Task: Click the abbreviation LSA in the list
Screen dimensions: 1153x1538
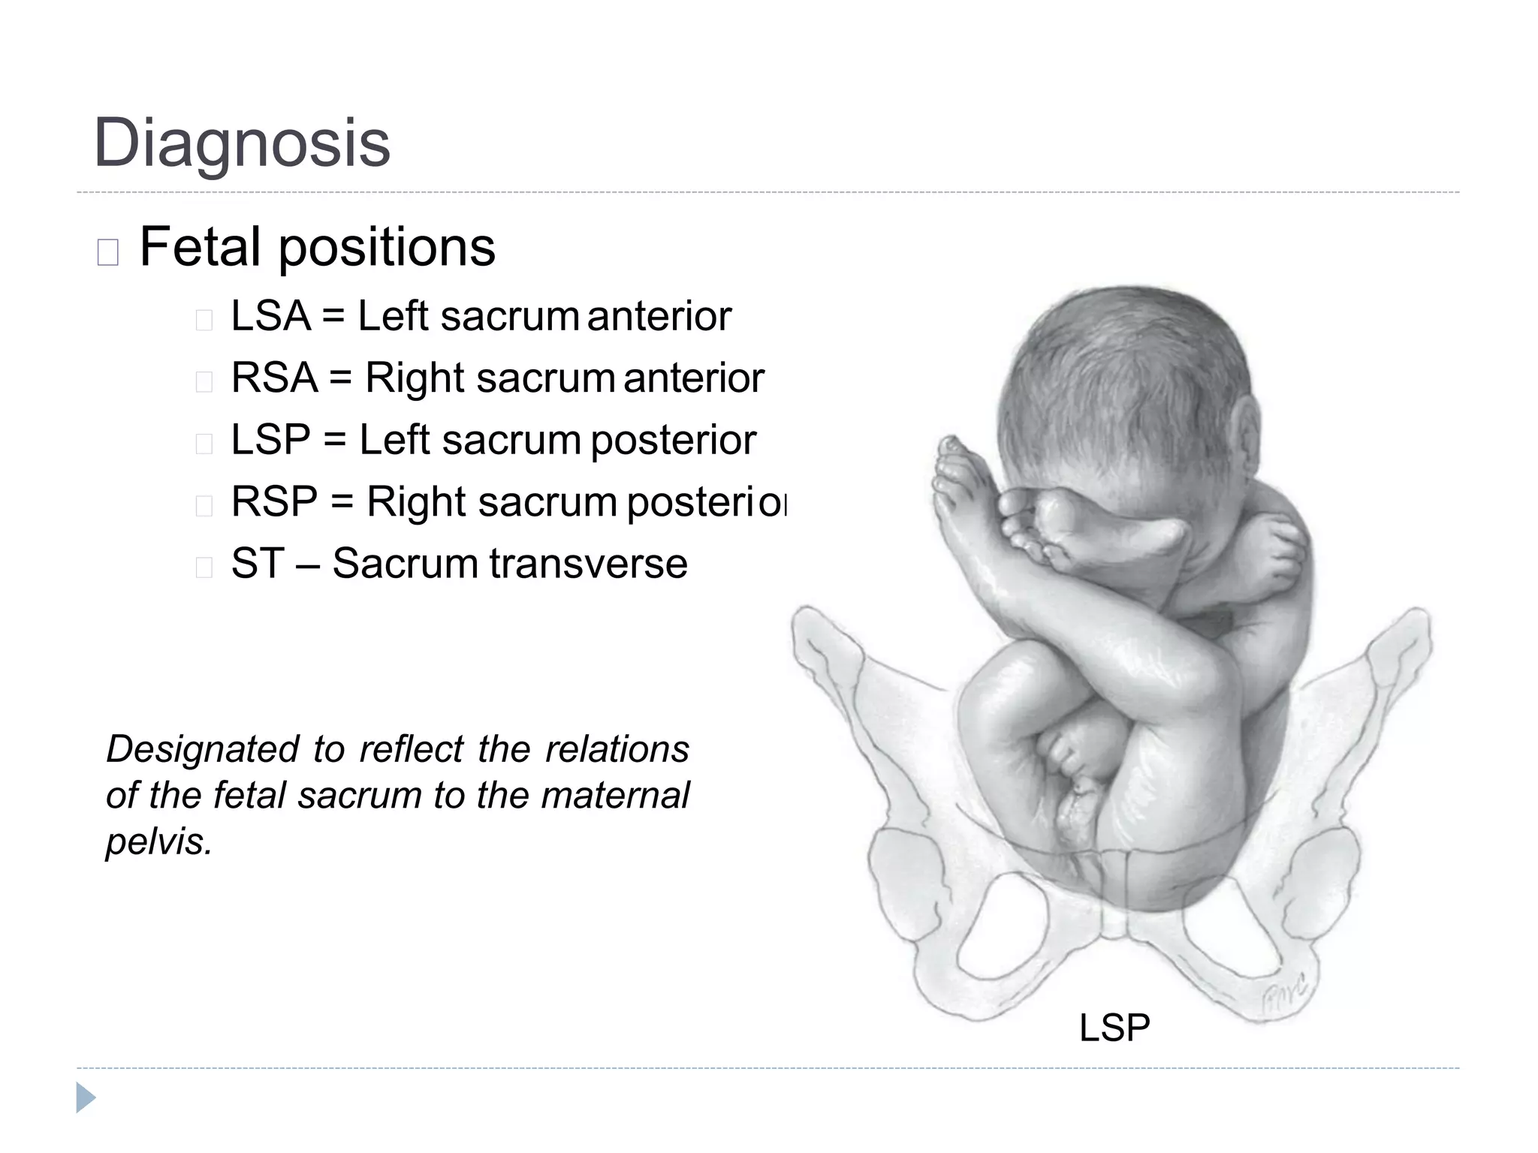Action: (270, 316)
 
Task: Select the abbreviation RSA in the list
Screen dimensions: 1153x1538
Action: (274, 378)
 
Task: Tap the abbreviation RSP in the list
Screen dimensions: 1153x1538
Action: (275, 501)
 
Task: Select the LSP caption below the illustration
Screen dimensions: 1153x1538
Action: (1114, 1028)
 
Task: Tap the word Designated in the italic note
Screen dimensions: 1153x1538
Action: (202, 749)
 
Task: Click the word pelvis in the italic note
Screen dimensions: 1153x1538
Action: (158, 842)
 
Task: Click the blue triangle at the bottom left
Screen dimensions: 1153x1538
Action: (85, 1098)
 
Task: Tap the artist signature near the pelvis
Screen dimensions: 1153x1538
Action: (1286, 995)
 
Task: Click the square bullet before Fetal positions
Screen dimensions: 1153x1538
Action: (108, 253)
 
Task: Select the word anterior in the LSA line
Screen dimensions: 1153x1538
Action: (659, 316)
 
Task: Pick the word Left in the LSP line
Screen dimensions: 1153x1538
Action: (394, 440)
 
